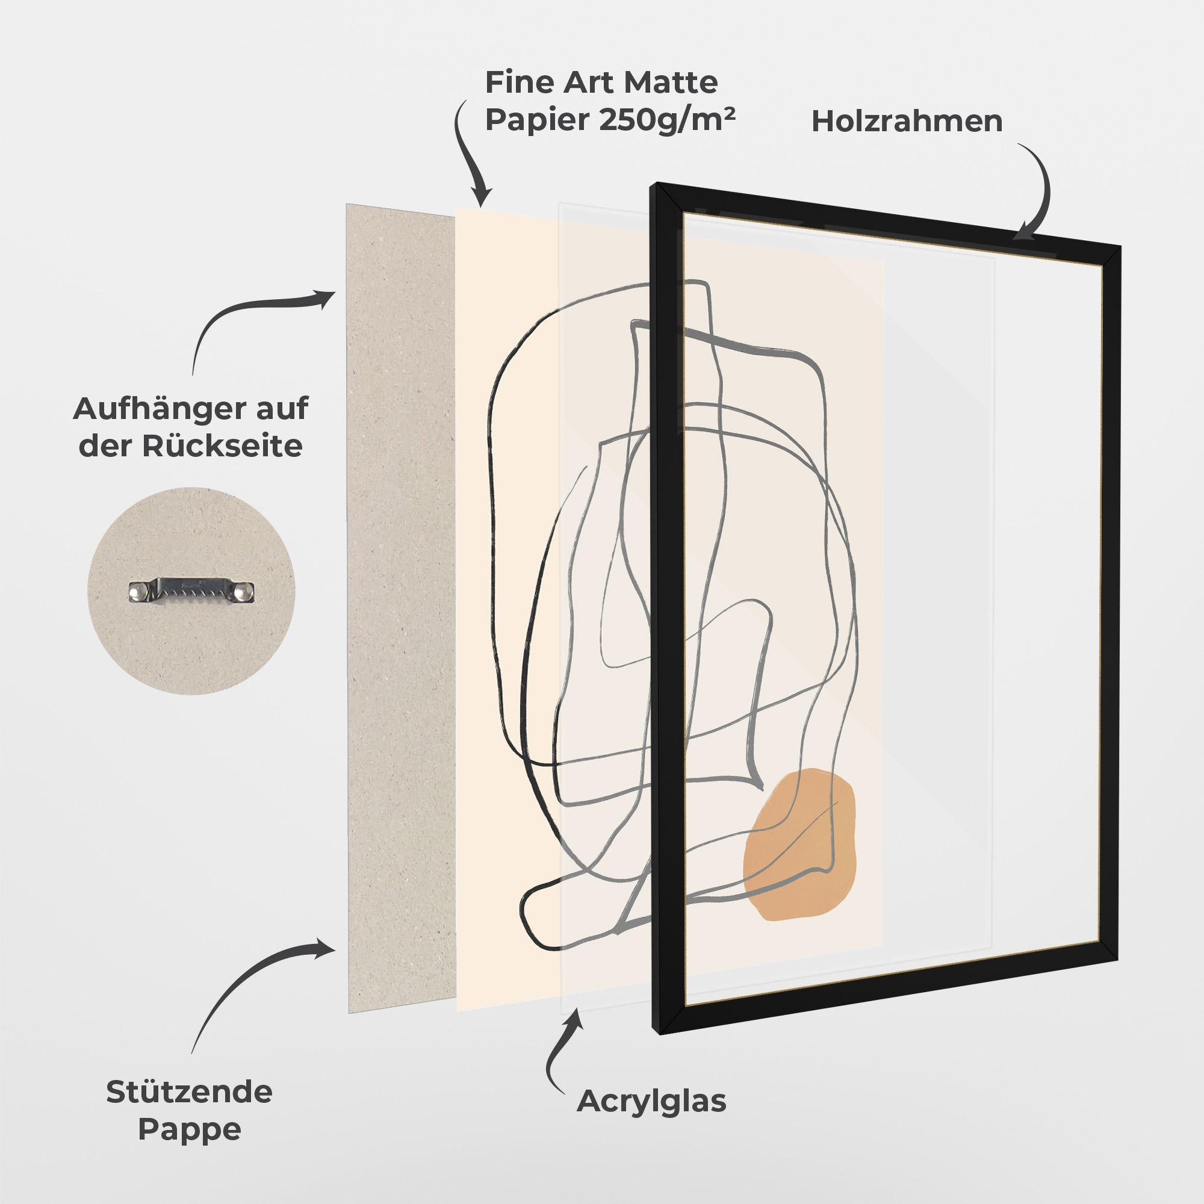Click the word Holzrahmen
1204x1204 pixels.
[907, 122]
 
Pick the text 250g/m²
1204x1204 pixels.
[667, 120]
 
